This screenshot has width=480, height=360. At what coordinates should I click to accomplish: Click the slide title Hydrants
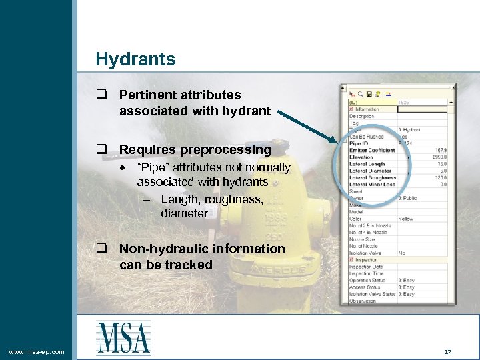point(135,59)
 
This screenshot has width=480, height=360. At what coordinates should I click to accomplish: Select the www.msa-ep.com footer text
point(37,351)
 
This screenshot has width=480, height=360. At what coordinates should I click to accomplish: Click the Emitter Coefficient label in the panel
point(372,150)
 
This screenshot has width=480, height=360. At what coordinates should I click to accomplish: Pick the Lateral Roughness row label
point(373,178)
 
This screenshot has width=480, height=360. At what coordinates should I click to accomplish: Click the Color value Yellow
point(405,219)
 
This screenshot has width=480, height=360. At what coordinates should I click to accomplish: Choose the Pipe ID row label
point(359,143)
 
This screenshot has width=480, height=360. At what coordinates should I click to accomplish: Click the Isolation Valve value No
point(401,253)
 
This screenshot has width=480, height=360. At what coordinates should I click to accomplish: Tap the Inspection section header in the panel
point(366,260)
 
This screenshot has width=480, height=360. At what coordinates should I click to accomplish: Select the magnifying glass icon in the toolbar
point(360,94)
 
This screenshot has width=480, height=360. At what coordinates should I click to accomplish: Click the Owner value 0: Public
point(409,198)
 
